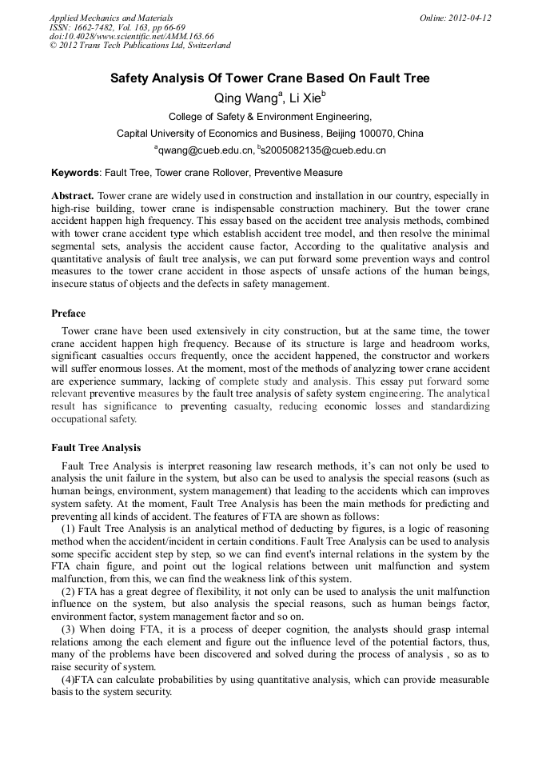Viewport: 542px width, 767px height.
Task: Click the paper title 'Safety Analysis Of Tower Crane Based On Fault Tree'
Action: (x=269, y=78)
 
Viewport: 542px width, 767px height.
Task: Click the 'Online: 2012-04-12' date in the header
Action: (x=455, y=18)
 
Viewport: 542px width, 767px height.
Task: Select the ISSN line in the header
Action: (x=106, y=27)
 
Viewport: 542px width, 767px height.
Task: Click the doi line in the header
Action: (x=131, y=36)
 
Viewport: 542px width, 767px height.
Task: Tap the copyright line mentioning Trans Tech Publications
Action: (x=140, y=46)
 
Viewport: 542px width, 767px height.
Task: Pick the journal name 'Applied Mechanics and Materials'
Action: (x=111, y=18)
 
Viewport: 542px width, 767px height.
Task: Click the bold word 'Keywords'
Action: (x=75, y=173)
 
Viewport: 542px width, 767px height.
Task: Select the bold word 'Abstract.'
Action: (x=73, y=196)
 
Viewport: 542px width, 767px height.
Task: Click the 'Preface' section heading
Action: (x=69, y=314)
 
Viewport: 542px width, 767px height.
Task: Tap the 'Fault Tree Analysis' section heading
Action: (x=96, y=447)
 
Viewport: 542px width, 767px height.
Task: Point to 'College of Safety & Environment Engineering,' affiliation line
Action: (x=270, y=117)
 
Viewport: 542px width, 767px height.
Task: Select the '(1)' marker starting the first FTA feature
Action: (x=67, y=530)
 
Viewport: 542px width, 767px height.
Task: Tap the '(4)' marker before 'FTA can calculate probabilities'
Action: (x=67, y=680)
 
